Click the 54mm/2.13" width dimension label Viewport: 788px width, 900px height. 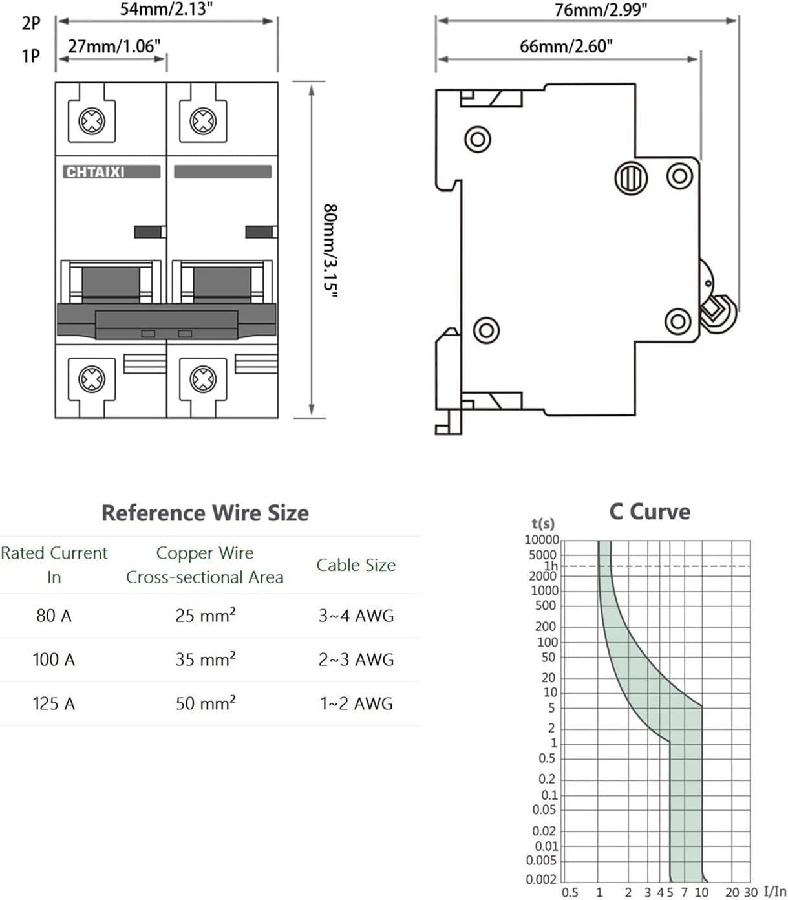pos(166,9)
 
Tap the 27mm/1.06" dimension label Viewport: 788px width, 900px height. pos(114,46)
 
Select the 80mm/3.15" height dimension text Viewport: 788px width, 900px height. pos(330,251)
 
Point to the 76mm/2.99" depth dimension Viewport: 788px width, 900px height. pos(600,10)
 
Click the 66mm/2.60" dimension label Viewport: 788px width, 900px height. pos(566,46)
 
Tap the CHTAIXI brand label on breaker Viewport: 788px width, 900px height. pos(96,172)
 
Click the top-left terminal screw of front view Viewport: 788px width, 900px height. pos(92,121)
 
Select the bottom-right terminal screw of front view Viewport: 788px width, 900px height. pos(203,379)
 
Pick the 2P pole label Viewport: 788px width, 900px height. pos(30,23)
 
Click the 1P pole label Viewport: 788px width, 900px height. pos(30,56)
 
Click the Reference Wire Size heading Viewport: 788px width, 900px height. pos(205,513)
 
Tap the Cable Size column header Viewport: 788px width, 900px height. pos(356,564)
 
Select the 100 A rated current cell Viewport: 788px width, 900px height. pos(54,659)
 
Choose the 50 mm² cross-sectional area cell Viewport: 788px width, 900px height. pos(205,703)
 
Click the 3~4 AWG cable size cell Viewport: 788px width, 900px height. pos(356,616)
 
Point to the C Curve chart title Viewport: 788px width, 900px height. pos(649,511)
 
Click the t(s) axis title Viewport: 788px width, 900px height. pos(543,524)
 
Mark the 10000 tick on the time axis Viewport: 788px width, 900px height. pos(542,540)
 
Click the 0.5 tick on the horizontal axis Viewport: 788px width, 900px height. pos(570,892)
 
